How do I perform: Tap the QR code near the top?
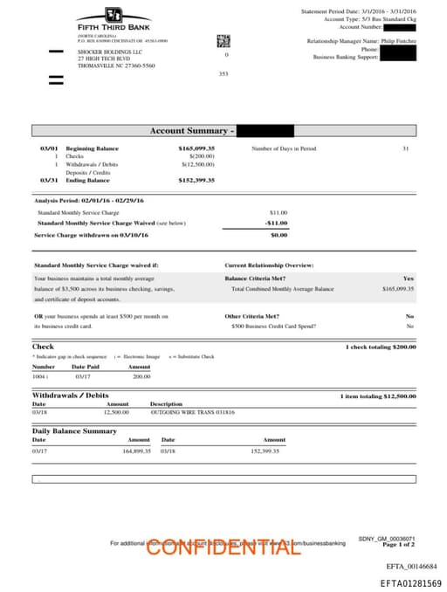click(223, 41)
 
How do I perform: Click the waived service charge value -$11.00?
click(277, 223)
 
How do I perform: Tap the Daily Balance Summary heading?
click(74, 431)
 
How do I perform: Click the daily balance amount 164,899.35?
click(136, 451)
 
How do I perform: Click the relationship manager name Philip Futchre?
click(399, 41)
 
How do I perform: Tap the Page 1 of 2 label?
click(398, 544)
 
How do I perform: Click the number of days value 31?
click(405, 148)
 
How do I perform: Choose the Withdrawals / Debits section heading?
click(70, 396)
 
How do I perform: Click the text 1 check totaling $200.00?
click(382, 348)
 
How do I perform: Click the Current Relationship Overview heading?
click(269, 265)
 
